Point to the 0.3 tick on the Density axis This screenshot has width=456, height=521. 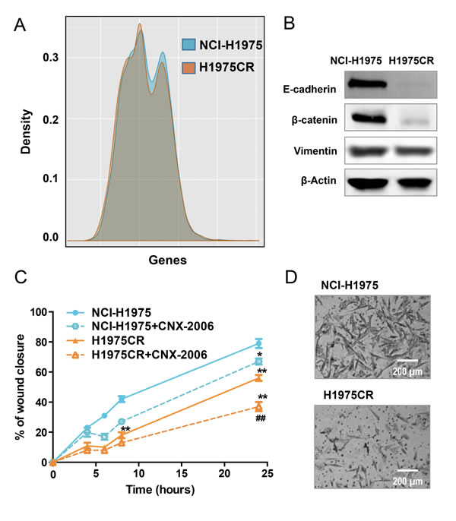(57, 58)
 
